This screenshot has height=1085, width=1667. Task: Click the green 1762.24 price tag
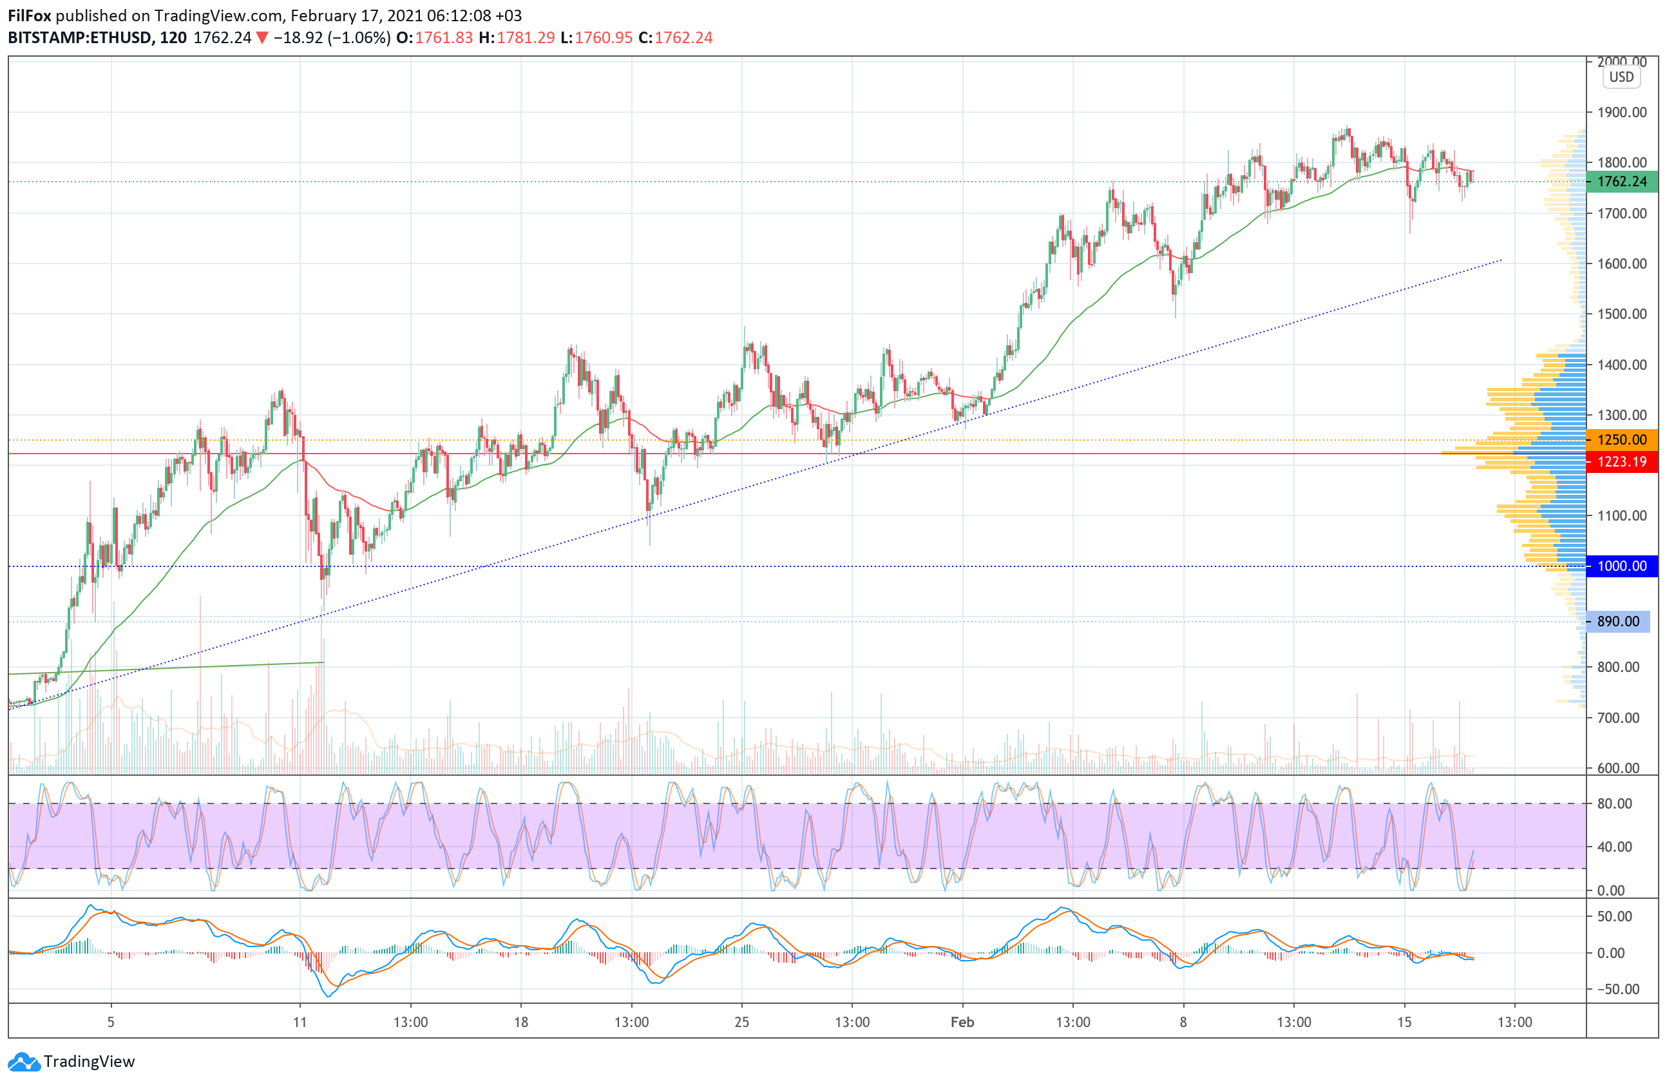(x=1621, y=182)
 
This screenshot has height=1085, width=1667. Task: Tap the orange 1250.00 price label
(x=1621, y=440)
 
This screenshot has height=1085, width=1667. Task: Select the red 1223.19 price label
(x=1621, y=461)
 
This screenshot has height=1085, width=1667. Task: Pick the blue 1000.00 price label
(x=1621, y=566)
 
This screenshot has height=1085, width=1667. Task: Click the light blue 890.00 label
(x=1617, y=621)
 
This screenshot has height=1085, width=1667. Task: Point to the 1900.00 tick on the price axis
(x=1621, y=112)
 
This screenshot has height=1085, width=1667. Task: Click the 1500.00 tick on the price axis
(x=1621, y=314)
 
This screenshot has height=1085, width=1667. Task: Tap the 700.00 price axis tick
(x=1621, y=717)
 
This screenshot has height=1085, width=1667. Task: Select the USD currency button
(x=1621, y=77)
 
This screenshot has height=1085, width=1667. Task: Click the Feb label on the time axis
(x=962, y=1022)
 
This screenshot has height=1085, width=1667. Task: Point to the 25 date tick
(x=742, y=1022)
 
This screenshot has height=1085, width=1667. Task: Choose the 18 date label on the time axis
(x=521, y=1022)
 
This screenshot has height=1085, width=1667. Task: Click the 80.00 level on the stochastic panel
(x=1614, y=803)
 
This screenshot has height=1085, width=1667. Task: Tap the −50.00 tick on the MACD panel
(x=1614, y=989)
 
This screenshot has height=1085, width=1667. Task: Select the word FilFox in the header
(x=30, y=15)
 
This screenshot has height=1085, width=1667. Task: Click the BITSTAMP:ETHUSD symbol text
(x=80, y=38)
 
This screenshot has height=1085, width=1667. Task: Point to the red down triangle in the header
(x=262, y=38)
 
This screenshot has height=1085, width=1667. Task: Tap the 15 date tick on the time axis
(x=1404, y=1022)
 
